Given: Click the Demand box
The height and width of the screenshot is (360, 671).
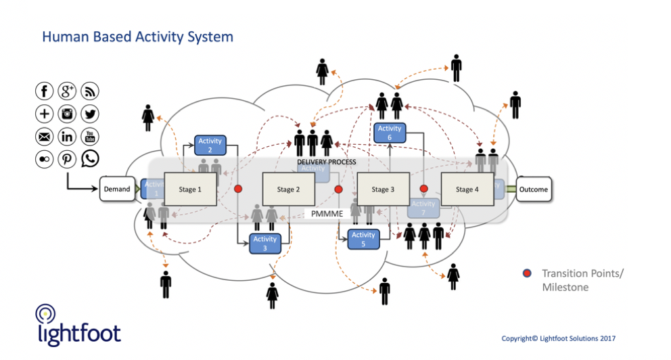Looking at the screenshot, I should (117, 189).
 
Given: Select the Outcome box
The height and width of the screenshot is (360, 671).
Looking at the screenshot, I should (534, 189).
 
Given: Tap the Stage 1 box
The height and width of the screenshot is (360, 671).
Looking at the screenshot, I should (190, 189).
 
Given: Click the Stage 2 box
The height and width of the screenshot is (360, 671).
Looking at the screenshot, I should (289, 189).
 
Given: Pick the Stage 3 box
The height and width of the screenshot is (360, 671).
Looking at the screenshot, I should (383, 189).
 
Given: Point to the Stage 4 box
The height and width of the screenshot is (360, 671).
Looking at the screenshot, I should (467, 189).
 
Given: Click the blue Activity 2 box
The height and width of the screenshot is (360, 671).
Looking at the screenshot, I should (210, 145).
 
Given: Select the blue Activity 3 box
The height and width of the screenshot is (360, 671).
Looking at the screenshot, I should (265, 243).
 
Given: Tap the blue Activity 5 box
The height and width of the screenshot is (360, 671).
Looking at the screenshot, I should (363, 240).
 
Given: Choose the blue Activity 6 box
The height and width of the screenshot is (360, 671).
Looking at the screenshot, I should (390, 133).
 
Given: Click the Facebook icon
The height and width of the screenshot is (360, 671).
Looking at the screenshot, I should (45, 91).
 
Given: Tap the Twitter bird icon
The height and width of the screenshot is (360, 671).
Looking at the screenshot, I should (90, 114).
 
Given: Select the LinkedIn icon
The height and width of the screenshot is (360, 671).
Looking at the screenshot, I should (67, 137).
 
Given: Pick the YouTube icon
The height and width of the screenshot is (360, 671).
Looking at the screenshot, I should (90, 137).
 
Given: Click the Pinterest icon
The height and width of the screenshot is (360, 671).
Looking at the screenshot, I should (67, 159).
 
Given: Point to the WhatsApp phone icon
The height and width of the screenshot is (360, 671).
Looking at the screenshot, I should (90, 159).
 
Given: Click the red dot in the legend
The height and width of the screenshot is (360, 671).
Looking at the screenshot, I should (527, 274).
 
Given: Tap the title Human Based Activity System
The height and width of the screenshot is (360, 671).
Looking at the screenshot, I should (137, 37).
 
